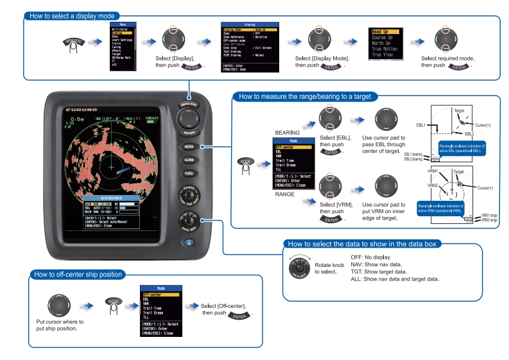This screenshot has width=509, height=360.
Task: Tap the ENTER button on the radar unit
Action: [189, 132]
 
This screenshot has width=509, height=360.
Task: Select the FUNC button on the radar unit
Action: [189, 173]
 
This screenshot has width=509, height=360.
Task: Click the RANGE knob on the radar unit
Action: [189, 195]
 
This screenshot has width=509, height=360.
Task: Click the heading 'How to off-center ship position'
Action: [78, 275]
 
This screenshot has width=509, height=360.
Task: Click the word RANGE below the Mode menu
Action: [285, 193]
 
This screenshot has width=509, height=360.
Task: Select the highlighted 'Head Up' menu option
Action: [384, 31]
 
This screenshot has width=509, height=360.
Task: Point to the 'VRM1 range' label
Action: [489, 215]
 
